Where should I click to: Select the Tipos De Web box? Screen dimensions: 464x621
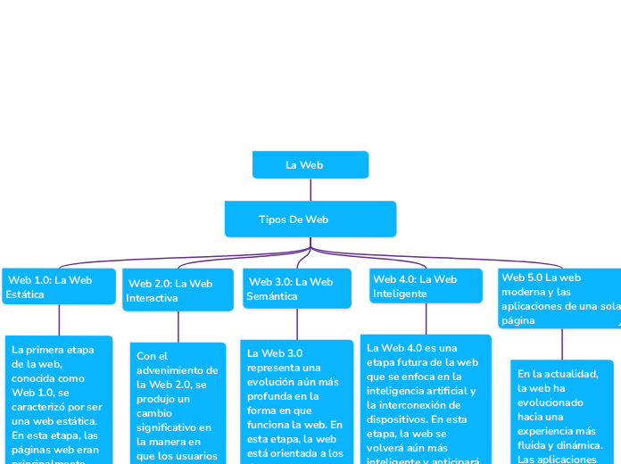point(310,220)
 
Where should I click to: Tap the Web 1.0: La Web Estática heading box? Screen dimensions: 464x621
point(59,286)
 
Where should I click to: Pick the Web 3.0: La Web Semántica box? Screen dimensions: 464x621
point(296,289)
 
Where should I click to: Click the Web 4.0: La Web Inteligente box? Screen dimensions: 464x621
point(426,286)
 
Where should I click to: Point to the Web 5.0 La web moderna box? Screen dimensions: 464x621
point(560,298)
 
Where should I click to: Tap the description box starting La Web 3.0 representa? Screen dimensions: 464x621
point(296,402)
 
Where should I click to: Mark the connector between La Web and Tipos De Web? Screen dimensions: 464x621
point(310,189)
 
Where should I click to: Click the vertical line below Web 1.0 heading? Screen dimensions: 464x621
point(59,319)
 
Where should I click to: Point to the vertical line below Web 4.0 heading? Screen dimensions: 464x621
point(426,319)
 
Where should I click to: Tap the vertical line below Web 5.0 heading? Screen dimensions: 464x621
point(562,344)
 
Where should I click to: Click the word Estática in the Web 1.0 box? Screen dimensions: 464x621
point(25,294)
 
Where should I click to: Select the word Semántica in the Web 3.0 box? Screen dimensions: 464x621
point(272,296)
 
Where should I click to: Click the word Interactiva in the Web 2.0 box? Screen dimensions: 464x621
point(152,298)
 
